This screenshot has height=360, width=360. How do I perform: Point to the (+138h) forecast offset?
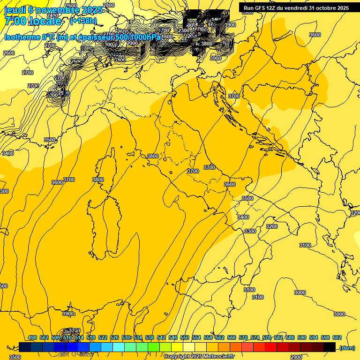tap(83, 21)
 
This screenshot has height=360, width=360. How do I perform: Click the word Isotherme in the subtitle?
tap(22, 37)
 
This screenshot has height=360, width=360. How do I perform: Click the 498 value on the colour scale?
tap(32, 337)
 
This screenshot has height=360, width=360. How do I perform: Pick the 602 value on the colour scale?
tap(337, 337)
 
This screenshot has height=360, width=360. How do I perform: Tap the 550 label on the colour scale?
tap(185, 337)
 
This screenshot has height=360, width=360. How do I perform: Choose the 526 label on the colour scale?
tap(114, 337)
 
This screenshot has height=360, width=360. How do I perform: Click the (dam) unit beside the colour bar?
tap(347, 347)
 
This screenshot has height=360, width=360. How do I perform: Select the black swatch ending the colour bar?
tap(330, 347)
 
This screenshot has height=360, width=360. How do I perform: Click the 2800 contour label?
tap(108, 5)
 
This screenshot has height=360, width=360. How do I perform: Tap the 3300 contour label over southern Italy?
tap(250, 231)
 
